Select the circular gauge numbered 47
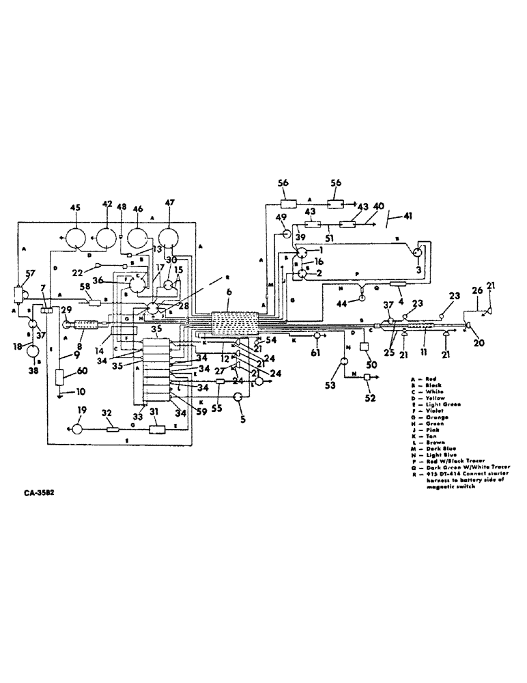coord(169,239)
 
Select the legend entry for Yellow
coord(419,398)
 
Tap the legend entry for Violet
coord(419,410)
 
